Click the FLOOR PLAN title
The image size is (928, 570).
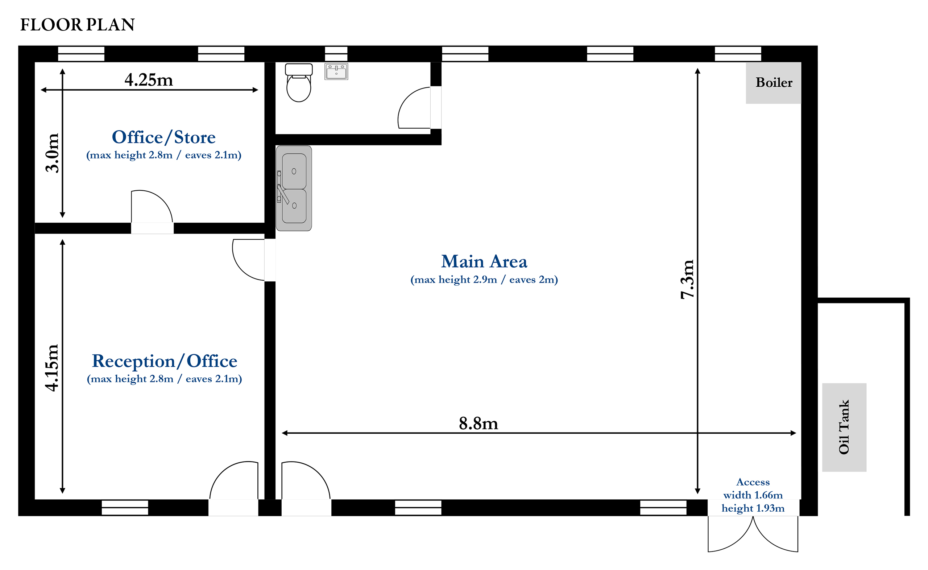point(77,25)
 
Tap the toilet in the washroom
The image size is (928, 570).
point(299,83)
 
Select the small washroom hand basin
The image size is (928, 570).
point(336,72)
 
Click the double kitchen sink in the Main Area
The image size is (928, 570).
point(294,188)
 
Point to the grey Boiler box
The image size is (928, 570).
point(773,83)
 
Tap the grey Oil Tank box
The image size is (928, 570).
point(844,427)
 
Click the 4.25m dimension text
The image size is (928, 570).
point(149,80)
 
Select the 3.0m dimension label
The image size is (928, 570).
point(52,153)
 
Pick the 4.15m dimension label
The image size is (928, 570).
point(52,368)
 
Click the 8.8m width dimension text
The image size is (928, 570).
point(478,424)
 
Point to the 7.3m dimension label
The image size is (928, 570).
point(687,279)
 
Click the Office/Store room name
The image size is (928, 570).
point(163,137)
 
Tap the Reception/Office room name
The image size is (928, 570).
point(164,361)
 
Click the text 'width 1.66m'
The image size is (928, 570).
point(753,495)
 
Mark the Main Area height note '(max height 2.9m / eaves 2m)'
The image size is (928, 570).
point(484,280)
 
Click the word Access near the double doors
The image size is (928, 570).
point(753,482)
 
